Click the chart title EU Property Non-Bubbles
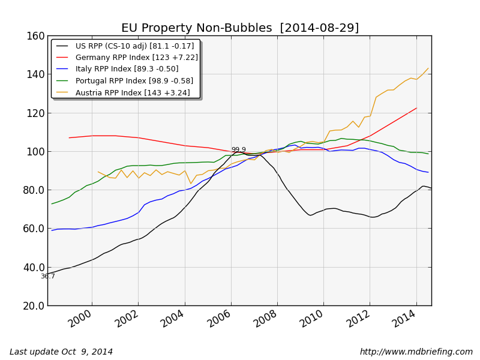240,28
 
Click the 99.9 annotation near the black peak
238,150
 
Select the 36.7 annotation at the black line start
48,277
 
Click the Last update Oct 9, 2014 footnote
61,352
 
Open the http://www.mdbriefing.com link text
416,352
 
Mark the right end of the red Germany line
416,108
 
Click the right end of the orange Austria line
428,68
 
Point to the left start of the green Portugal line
52,203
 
